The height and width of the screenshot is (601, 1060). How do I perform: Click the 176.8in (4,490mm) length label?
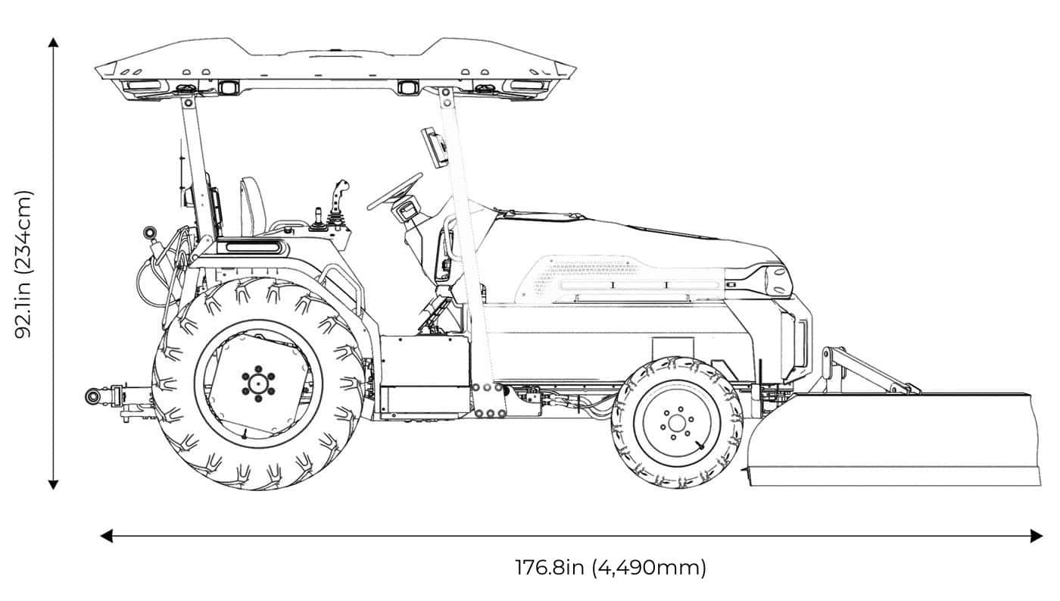point(610,568)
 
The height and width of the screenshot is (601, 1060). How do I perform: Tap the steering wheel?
point(394,191)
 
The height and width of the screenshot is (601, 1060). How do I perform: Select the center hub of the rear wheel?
point(258,383)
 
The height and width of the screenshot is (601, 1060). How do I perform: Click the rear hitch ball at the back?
point(93,396)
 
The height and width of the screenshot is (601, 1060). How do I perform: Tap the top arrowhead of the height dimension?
point(53,42)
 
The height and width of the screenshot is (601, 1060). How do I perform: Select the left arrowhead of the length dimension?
point(107,536)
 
